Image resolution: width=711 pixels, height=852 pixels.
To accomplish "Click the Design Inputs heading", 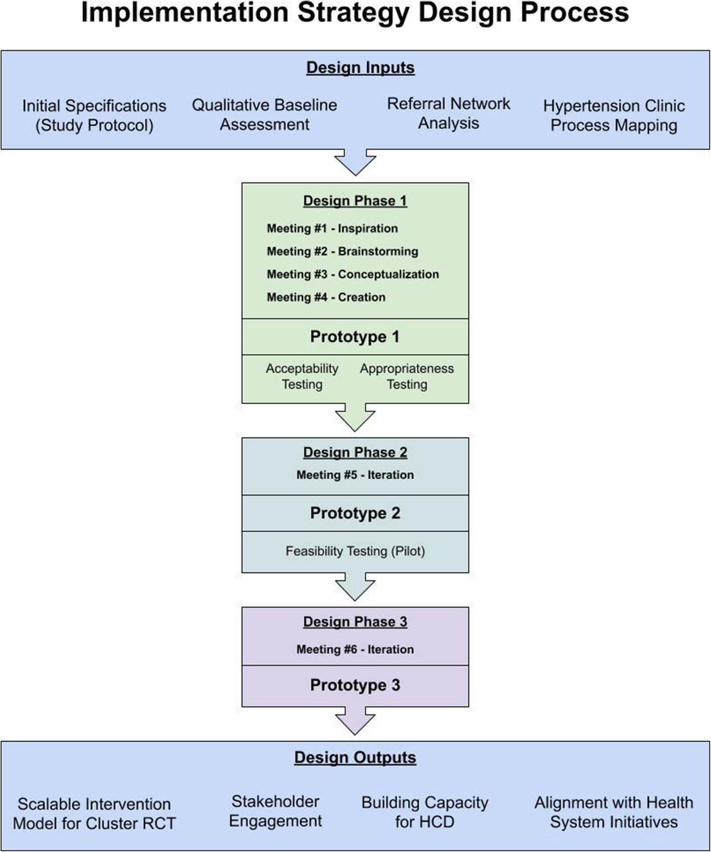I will click(x=360, y=68).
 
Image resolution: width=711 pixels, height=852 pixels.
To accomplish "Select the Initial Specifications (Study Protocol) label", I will click(x=94, y=115).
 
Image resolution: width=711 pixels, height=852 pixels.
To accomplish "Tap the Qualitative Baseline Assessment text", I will click(x=264, y=114).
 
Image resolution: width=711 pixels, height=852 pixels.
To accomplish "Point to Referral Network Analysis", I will click(x=448, y=113).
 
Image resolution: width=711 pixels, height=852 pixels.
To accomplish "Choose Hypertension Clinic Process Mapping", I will click(x=613, y=115).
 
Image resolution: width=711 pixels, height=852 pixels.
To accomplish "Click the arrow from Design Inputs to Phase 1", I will click(x=355, y=162).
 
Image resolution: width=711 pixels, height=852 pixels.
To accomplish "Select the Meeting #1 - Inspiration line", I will click(x=332, y=229).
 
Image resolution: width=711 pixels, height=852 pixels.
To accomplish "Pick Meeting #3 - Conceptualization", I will click(x=352, y=274).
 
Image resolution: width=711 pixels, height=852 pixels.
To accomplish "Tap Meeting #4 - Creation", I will click(x=326, y=297).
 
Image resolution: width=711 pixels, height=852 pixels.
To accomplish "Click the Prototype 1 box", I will click(x=355, y=336).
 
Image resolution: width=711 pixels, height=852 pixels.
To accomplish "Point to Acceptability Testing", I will click(x=302, y=377).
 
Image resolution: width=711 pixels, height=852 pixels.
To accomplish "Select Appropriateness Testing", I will click(x=407, y=377).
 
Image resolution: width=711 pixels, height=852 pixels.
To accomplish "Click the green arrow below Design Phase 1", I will click(x=355, y=417).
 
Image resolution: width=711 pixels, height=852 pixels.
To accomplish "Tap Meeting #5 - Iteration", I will click(x=355, y=475).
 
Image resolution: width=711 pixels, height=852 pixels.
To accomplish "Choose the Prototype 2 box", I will click(x=355, y=513).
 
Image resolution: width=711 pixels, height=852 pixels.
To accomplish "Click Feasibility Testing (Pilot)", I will click(x=355, y=551).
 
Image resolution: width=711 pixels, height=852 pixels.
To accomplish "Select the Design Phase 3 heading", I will click(x=355, y=622).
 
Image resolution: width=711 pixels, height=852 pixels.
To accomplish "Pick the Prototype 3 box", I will click(x=355, y=685).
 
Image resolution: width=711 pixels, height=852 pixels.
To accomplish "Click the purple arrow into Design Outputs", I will click(x=355, y=721).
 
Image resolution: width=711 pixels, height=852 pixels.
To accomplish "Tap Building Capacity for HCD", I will click(x=424, y=812).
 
